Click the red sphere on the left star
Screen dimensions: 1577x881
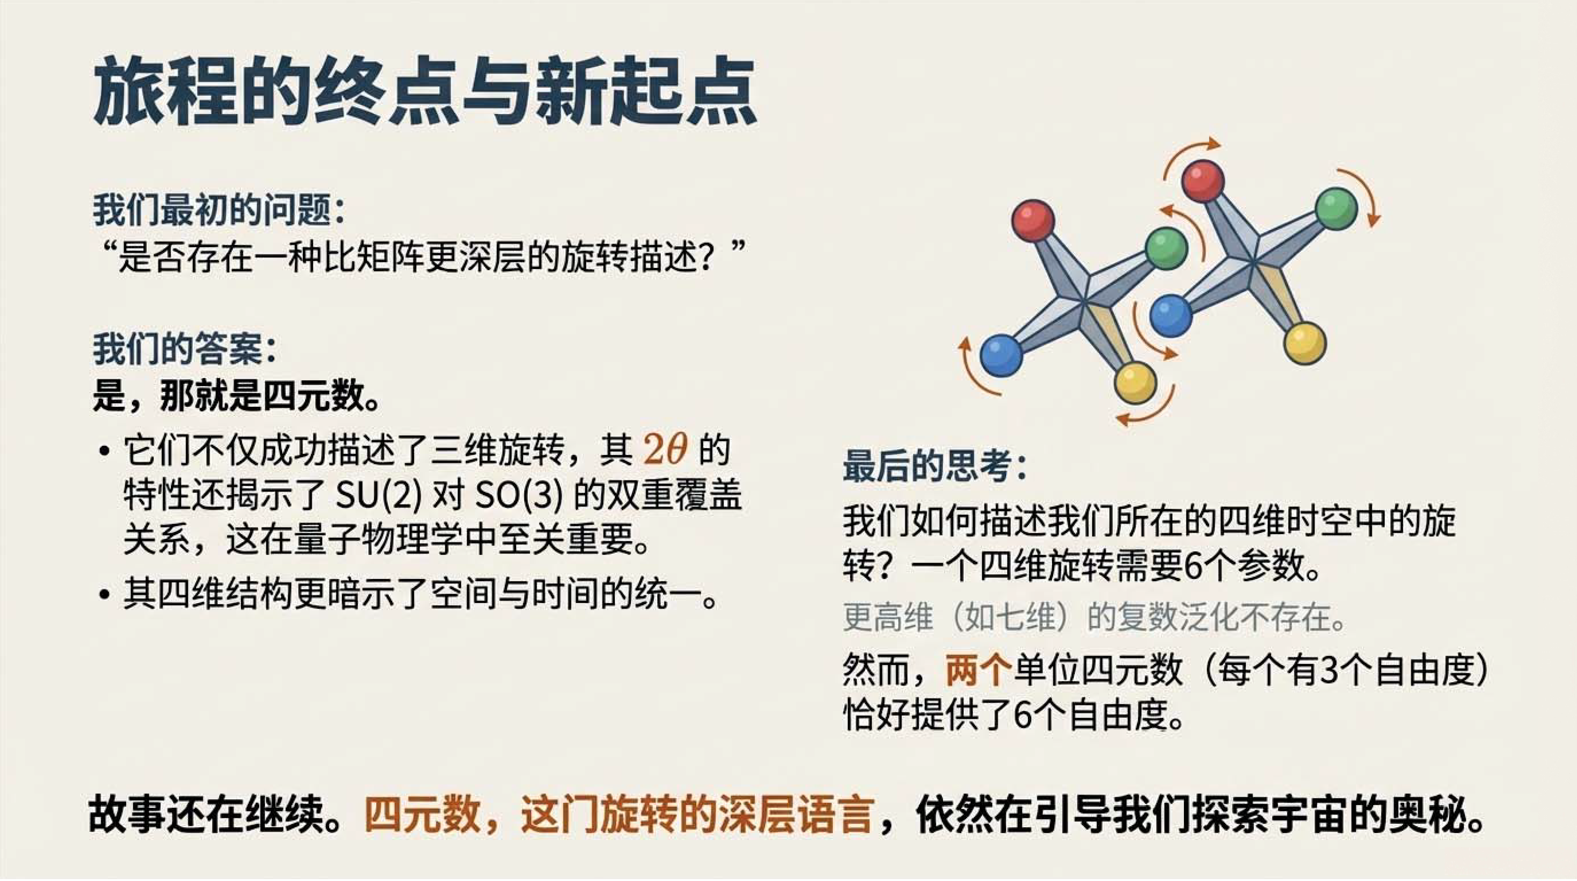click(1033, 220)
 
